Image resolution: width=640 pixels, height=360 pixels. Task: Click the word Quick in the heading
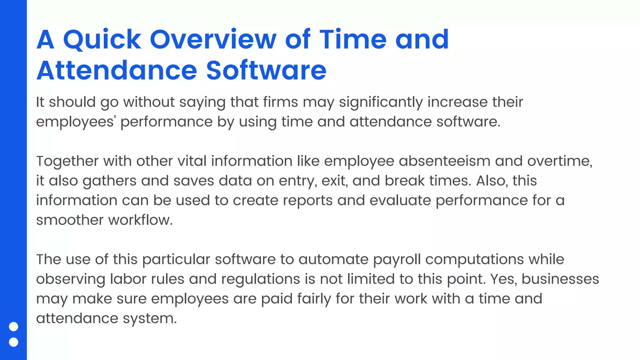click(x=102, y=40)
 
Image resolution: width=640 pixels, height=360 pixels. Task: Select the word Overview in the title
click(x=213, y=40)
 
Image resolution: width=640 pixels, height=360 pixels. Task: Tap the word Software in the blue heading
click(x=266, y=71)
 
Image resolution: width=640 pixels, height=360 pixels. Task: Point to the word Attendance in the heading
click(x=117, y=71)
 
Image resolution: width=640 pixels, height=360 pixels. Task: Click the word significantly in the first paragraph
click(x=381, y=102)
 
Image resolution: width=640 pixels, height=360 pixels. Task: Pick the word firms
click(x=280, y=102)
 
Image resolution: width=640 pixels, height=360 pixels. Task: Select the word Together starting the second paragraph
click(x=67, y=162)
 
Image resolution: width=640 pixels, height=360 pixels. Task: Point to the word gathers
click(x=109, y=181)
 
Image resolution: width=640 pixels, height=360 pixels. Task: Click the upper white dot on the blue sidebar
click(x=13, y=327)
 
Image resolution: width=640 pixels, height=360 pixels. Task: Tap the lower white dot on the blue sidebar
click(x=13, y=342)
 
